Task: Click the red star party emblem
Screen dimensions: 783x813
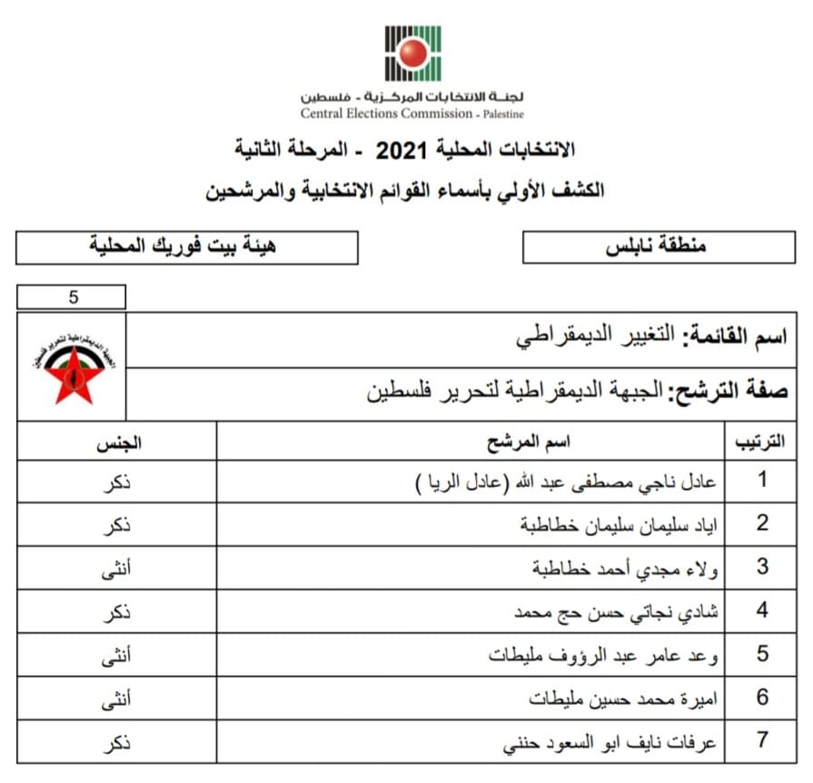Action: point(71,367)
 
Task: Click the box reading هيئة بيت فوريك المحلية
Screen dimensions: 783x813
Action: point(187,247)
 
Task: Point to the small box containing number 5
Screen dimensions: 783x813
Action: point(72,297)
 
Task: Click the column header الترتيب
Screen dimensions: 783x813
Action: point(758,443)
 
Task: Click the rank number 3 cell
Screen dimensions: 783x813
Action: point(762,568)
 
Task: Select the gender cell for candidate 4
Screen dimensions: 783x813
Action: point(116,611)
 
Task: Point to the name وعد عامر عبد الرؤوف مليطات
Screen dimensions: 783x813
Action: point(604,655)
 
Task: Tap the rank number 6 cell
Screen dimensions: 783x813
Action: point(762,698)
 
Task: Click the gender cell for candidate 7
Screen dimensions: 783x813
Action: point(116,741)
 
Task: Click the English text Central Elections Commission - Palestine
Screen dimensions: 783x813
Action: point(412,114)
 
